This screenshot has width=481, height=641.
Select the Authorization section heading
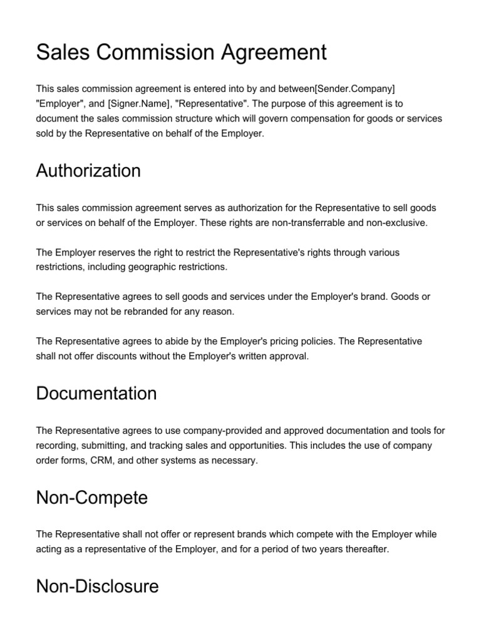[88, 170]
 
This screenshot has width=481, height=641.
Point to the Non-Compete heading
[92, 498]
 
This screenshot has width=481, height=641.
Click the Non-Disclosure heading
[97, 587]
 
